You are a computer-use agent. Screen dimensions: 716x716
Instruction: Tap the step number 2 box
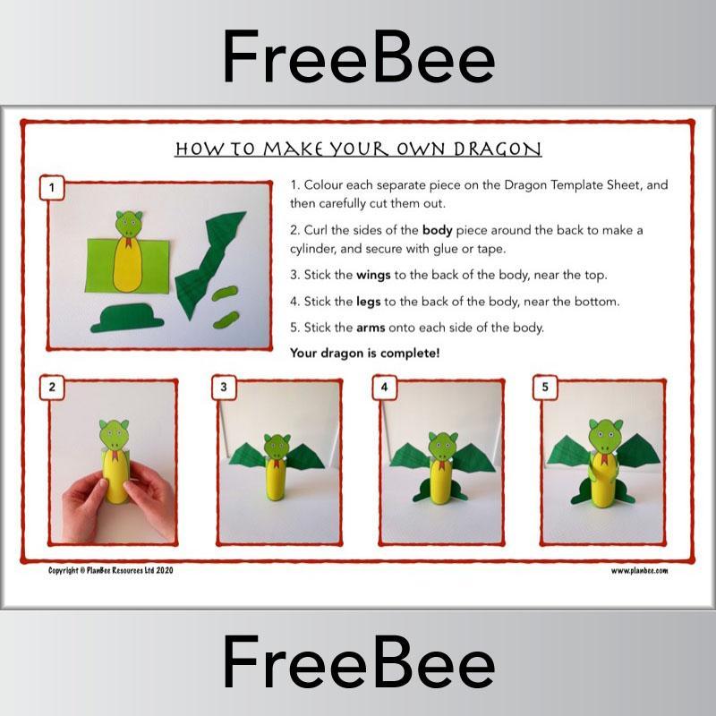pyautogui.click(x=52, y=387)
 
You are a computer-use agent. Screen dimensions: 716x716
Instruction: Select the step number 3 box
pyautogui.click(x=224, y=387)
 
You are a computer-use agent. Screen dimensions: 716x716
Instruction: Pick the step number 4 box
pyautogui.click(x=384, y=387)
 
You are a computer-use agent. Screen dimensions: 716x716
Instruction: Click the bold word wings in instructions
pyautogui.click(x=374, y=274)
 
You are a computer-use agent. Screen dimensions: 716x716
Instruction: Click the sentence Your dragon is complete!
pyautogui.click(x=364, y=353)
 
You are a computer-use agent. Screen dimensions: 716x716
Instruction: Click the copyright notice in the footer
pyautogui.click(x=110, y=570)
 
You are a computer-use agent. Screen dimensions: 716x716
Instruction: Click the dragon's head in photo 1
pyautogui.click(x=131, y=224)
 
